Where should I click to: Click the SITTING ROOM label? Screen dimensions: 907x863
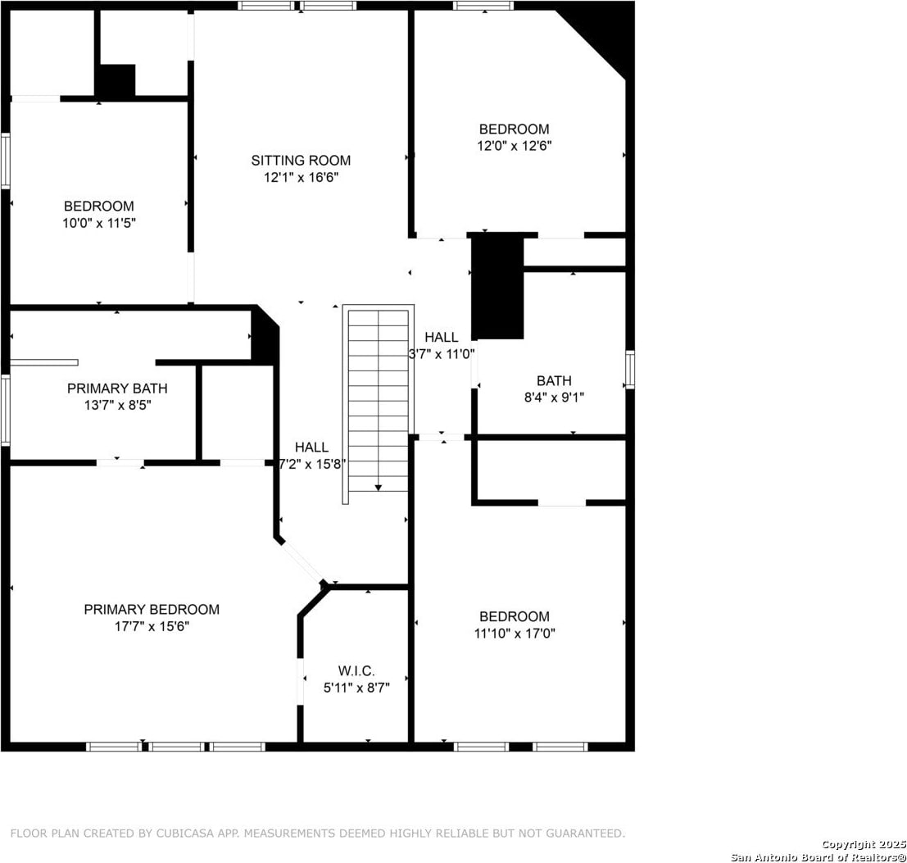(x=301, y=160)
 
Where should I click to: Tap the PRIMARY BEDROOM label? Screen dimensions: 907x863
(x=152, y=609)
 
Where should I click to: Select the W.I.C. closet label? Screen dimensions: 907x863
(x=356, y=671)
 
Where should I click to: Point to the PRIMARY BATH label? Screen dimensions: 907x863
(x=117, y=388)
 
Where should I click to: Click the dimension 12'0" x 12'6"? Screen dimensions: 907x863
(x=515, y=145)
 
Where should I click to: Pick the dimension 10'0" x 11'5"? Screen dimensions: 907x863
(x=99, y=223)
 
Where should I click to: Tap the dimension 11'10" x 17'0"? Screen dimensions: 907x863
(x=515, y=633)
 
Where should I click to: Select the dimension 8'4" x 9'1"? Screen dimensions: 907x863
(x=554, y=397)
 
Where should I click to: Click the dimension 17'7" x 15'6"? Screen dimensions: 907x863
(x=152, y=626)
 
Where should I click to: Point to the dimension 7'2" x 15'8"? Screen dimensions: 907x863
(x=312, y=464)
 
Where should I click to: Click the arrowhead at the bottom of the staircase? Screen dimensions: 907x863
(x=379, y=488)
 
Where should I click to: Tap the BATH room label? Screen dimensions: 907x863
(x=554, y=380)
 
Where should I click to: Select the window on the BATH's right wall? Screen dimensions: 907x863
(x=630, y=369)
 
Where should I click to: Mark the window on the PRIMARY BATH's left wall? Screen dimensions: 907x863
(x=5, y=410)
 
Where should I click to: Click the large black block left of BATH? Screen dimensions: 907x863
(x=497, y=287)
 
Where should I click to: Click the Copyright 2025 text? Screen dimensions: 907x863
(x=864, y=844)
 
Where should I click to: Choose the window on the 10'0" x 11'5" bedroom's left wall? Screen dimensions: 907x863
(x=5, y=161)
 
